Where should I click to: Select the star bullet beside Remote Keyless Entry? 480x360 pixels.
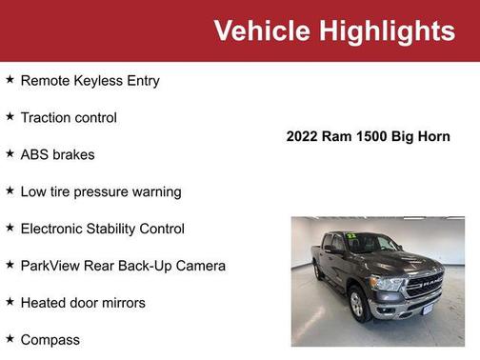pos(10,80)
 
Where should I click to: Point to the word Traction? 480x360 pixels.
pos(48,118)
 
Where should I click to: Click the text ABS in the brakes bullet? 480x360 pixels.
pos(34,154)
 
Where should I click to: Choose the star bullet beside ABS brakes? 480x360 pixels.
pos(10,153)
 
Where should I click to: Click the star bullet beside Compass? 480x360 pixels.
pos(10,338)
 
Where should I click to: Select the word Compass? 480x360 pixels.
pos(50,340)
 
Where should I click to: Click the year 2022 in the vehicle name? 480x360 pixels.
pos(304,136)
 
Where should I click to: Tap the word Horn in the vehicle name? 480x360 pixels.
pos(433,136)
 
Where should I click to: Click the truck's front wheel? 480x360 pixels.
pos(359,304)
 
